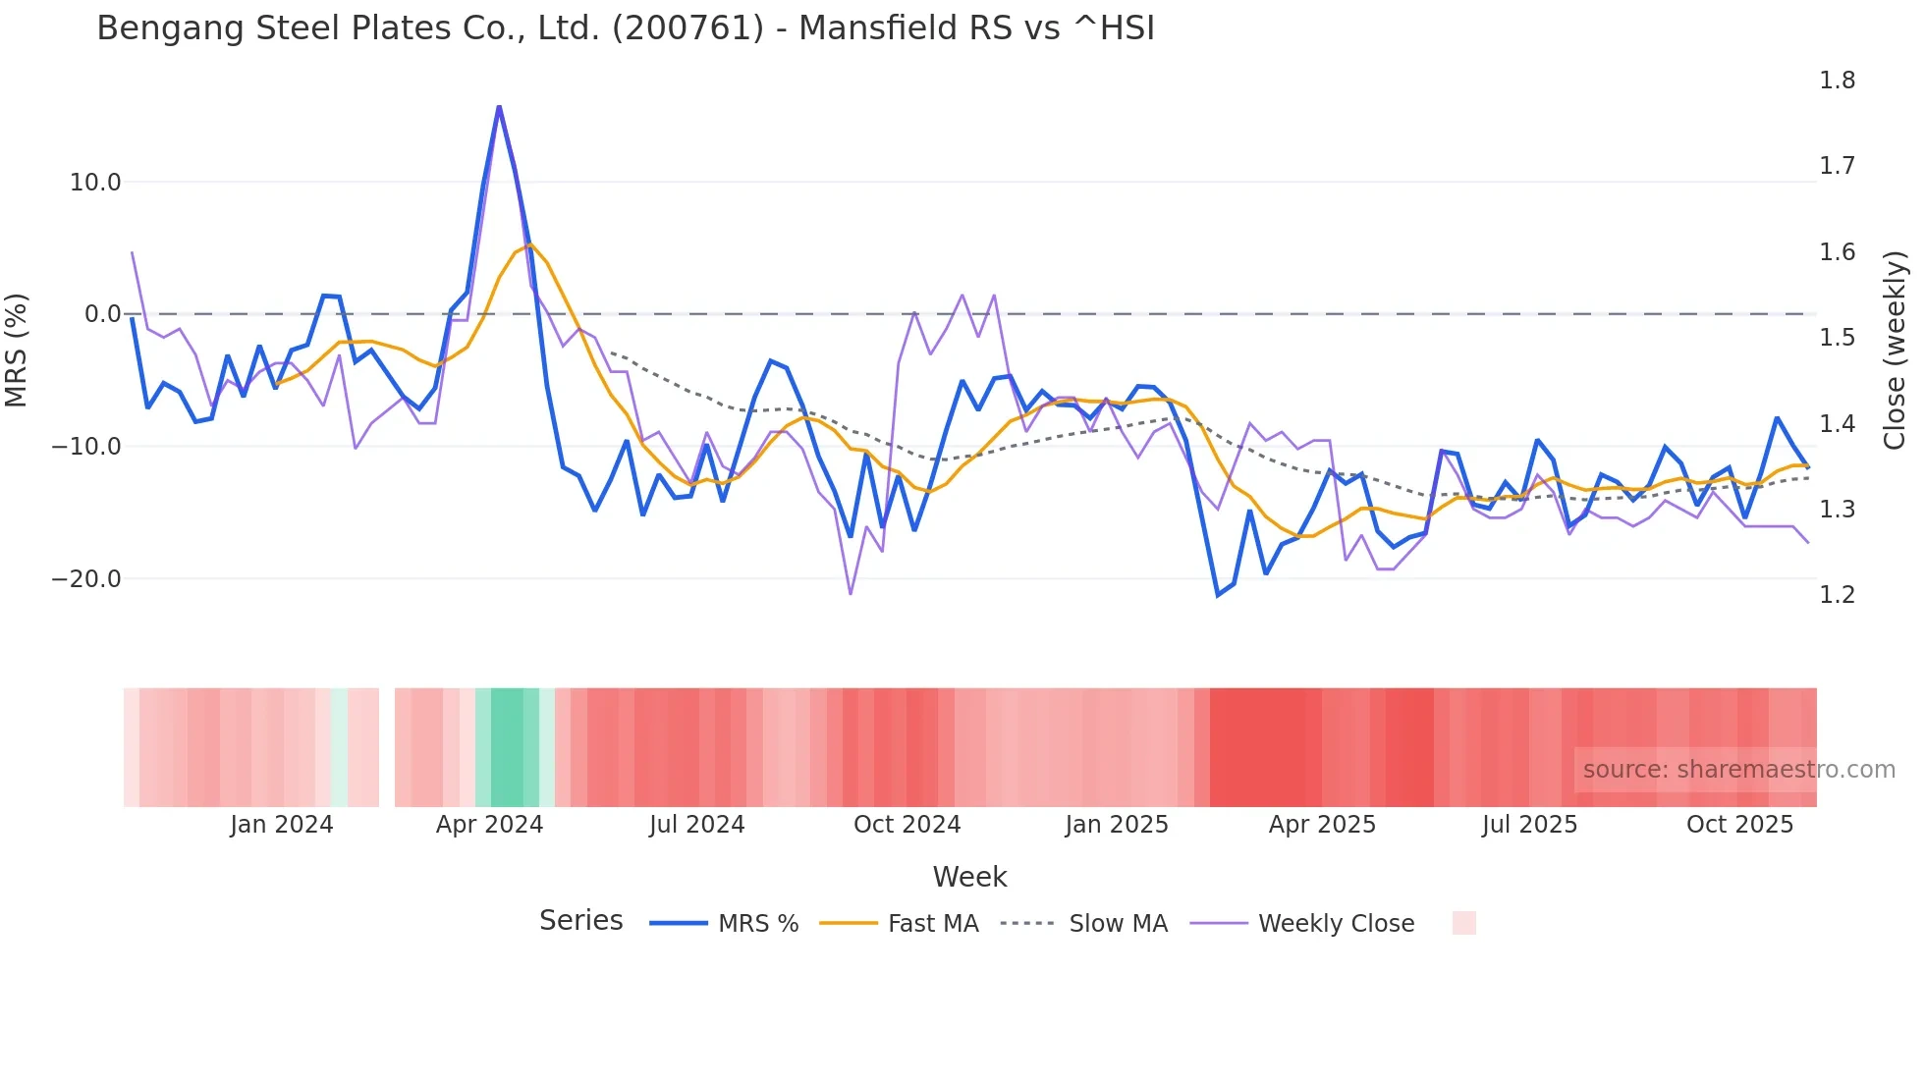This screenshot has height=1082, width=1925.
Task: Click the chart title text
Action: point(625,28)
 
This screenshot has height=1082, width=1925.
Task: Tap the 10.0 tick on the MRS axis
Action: point(95,183)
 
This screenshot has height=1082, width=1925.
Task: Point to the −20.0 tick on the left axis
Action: point(86,579)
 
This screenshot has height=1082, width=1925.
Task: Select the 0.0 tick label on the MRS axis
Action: point(102,314)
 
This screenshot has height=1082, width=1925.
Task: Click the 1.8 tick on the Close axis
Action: point(1837,81)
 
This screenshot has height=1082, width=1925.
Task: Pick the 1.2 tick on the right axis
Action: point(1837,595)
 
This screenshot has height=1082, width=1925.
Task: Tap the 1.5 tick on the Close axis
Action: point(1837,338)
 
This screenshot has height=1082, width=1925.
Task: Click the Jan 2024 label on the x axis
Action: point(282,825)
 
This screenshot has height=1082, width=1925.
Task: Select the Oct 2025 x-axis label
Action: point(1739,825)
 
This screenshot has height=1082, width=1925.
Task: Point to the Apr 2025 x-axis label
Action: point(1322,825)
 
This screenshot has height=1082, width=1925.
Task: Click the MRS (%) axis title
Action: point(17,350)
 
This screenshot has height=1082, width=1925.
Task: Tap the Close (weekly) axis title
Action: point(1895,350)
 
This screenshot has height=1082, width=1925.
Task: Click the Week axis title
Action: point(969,877)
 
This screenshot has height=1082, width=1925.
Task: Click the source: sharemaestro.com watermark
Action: point(1738,770)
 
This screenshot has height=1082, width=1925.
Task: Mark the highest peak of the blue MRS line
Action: point(499,106)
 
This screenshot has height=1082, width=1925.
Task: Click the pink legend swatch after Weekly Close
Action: point(1463,923)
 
